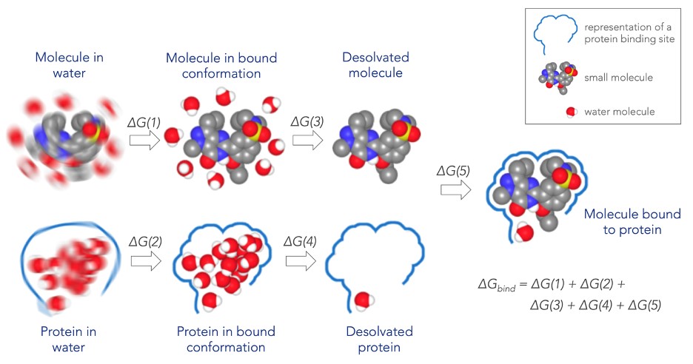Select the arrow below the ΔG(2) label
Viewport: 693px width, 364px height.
(144, 261)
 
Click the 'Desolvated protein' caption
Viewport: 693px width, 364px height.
(379, 339)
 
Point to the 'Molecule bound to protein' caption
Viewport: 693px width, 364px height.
(632, 222)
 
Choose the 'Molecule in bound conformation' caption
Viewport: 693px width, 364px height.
(213, 65)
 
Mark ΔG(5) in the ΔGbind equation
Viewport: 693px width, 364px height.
(637, 304)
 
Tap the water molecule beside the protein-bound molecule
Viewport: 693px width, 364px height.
(525, 233)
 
